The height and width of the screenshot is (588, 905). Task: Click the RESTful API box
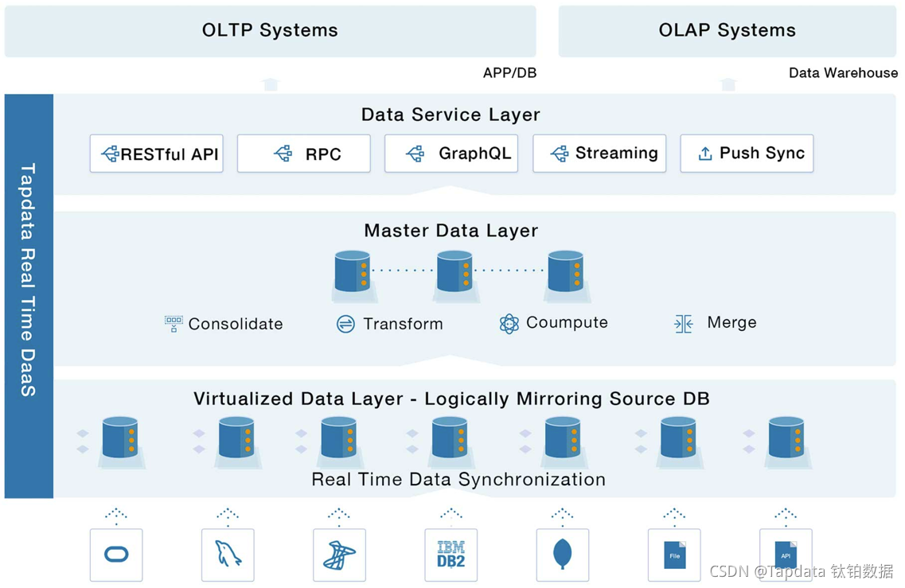coord(156,154)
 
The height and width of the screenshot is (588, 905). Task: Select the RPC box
coord(303,154)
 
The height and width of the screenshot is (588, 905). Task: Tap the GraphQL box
coord(451,154)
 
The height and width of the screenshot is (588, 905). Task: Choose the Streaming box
coord(599,154)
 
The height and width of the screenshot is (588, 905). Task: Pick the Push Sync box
coord(746,154)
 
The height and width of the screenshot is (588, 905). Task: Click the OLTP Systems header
coord(270,31)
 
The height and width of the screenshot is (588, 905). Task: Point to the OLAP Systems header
coord(727,31)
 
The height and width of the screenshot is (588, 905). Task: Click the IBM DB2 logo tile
coord(451,555)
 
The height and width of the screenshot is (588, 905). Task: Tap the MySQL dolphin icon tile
coord(228,555)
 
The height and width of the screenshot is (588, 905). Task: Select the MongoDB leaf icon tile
coord(563,555)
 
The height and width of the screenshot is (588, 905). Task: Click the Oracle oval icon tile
coord(116,555)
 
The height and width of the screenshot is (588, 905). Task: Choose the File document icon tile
coord(674,555)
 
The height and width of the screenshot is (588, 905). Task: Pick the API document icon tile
coord(786,555)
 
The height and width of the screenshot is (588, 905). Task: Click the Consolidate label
coord(236,324)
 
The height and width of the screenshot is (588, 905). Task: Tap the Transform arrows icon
coord(345,324)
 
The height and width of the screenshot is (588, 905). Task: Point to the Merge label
coord(731,323)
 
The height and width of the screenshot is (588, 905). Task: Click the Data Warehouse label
coord(843,73)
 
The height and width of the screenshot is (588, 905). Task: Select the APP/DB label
coord(509,73)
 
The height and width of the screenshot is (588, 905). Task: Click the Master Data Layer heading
coord(451,231)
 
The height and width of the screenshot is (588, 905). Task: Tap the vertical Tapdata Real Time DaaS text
coord(29,278)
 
